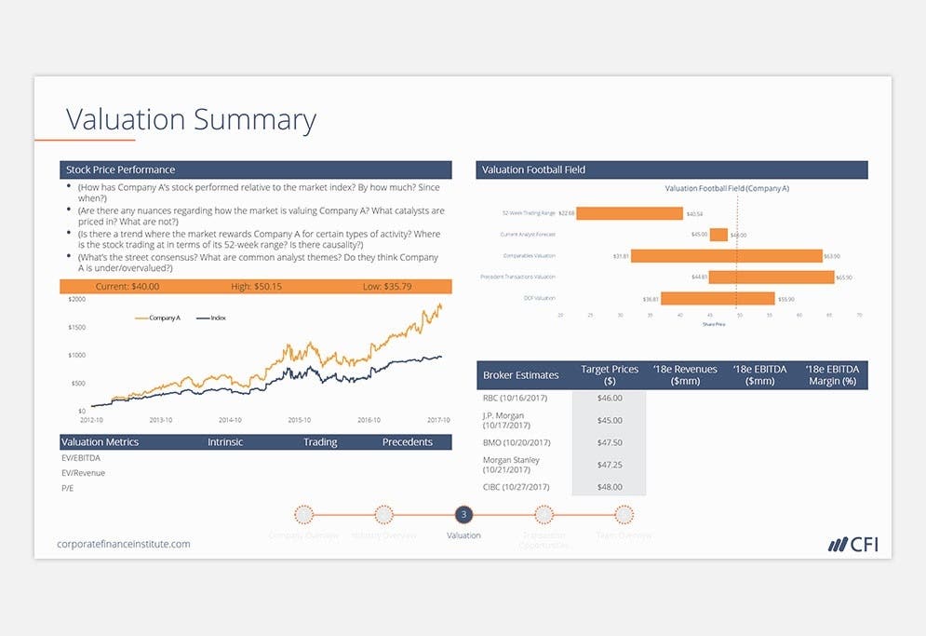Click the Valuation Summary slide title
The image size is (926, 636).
(191, 120)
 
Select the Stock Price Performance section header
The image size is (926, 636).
(120, 169)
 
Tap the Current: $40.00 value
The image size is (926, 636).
(127, 287)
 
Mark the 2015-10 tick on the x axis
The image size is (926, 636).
(301, 420)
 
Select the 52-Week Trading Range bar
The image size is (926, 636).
(630, 213)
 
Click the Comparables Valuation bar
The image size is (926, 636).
(727, 256)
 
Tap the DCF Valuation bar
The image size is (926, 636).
(718, 299)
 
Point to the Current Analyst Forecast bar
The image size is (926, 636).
(718, 235)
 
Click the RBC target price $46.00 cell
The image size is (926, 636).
(609, 398)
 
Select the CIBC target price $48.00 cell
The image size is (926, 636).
(609, 487)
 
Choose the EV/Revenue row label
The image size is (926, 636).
(83, 473)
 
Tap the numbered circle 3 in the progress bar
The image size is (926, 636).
(464, 514)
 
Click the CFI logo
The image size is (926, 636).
(852, 544)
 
